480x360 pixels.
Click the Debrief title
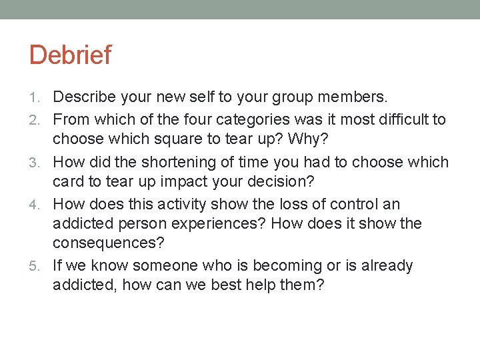[70, 55]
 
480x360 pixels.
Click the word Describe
[84, 97]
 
